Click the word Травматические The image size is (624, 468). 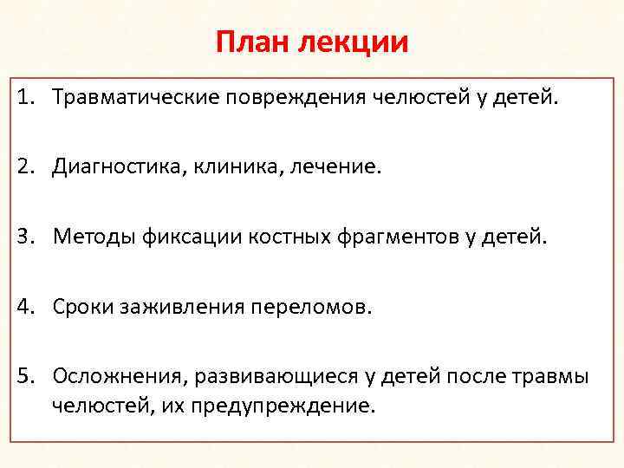click(136, 98)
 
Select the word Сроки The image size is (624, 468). click(83, 306)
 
